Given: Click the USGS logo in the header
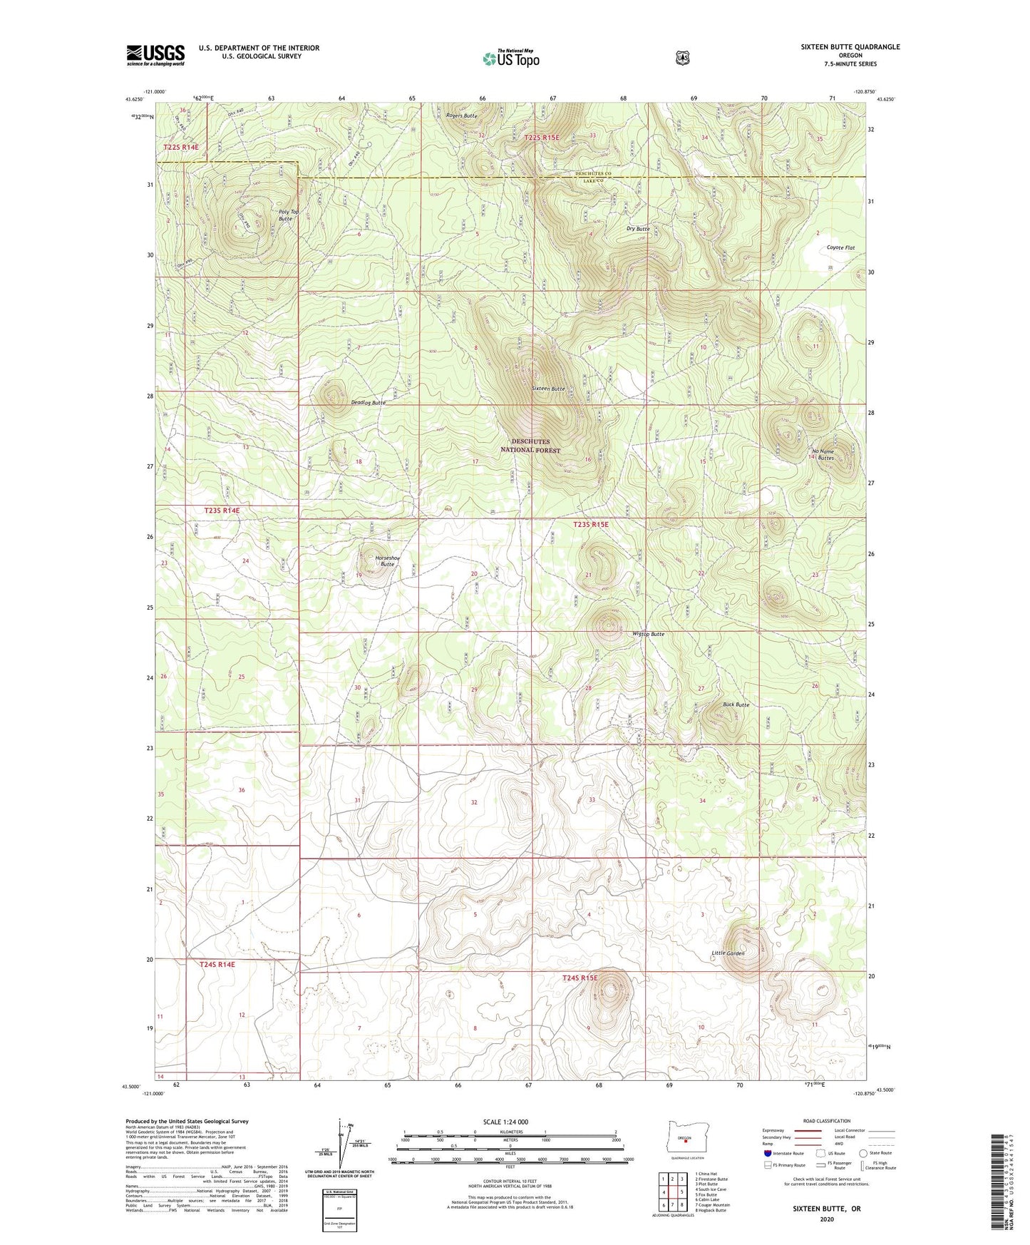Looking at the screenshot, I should coord(155,55).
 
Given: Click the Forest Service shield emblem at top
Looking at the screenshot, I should coord(682,58).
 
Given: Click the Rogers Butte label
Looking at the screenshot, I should coord(461,116).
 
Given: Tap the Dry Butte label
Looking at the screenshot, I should coord(638,229).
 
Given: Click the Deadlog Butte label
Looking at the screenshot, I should coord(368,403).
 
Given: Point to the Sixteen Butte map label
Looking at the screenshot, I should coord(548,389).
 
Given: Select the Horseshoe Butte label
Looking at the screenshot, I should coord(383,560).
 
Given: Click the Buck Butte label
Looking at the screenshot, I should coord(736,705).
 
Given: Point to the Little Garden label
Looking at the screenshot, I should coord(728,953).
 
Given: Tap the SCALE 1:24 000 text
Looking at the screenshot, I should coord(505,1122).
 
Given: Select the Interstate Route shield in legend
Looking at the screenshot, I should coord(767,1153).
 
